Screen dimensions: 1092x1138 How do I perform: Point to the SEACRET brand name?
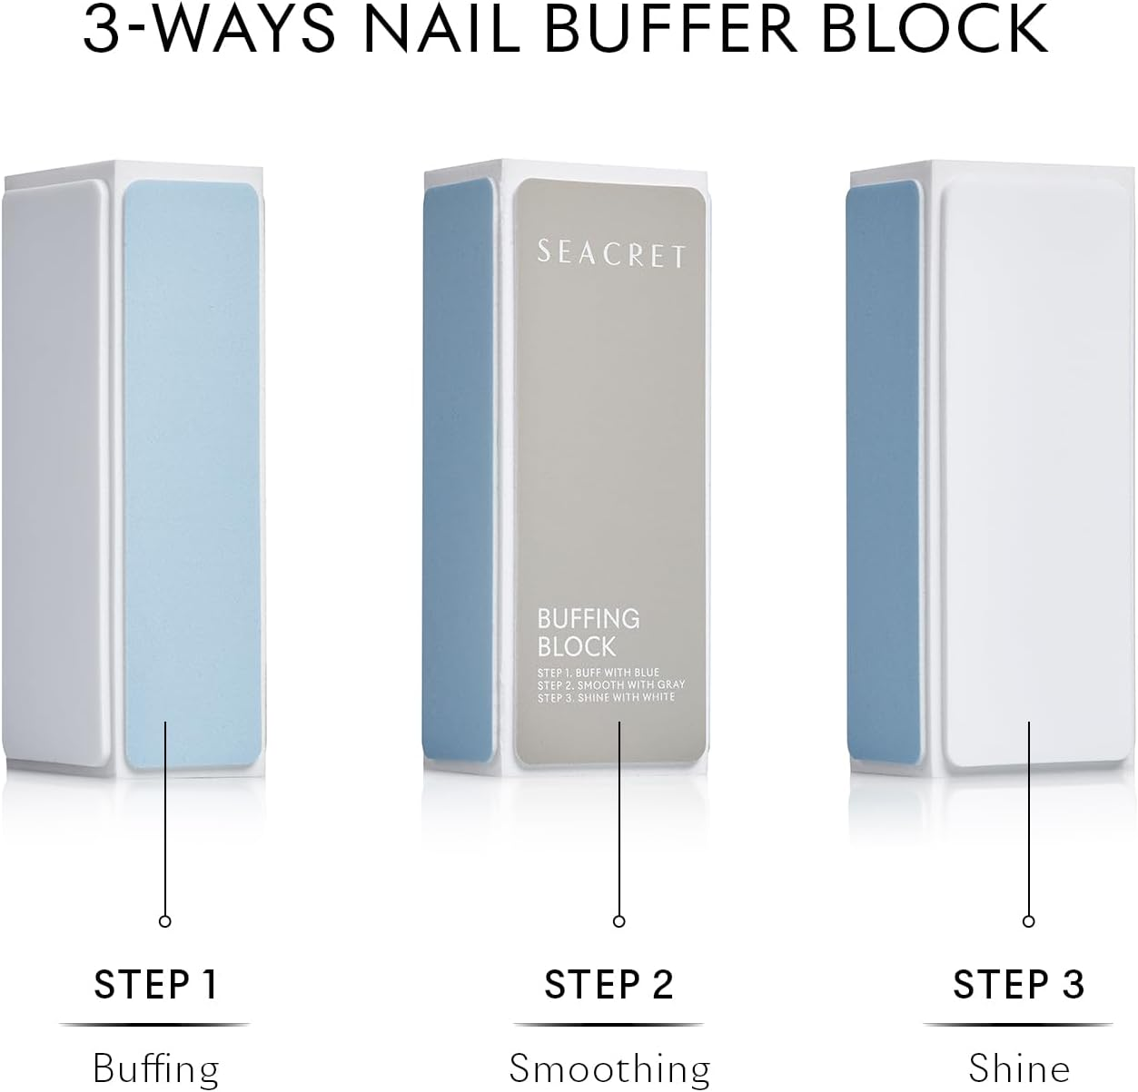(611, 254)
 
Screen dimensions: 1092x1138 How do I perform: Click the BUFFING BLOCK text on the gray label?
(589, 633)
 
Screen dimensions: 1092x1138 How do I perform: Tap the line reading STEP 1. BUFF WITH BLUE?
(599, 673)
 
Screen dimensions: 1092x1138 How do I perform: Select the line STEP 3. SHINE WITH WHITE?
(606, 697)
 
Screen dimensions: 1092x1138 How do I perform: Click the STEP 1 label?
(155, 985)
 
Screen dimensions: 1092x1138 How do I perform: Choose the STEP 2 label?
(609, 985)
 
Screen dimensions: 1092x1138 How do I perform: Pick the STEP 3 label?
(1019, 985)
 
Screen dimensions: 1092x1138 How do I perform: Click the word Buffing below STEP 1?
(155, 1067)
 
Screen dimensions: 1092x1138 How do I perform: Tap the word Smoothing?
(609, 1067)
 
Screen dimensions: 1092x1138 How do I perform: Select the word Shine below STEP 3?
(1019, 1067)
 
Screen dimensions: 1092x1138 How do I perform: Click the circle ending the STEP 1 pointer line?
(165, 920)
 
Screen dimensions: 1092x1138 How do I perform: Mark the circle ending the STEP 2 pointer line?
(619, 920)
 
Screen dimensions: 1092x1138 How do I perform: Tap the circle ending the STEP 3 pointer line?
(1028, 920)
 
